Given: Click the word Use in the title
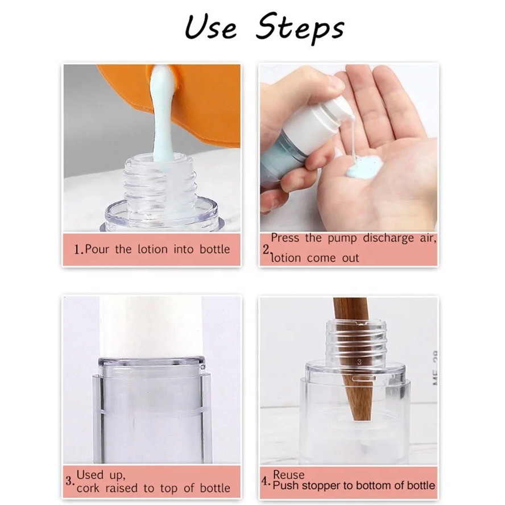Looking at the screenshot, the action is pyautogui.click(x=210, y=28).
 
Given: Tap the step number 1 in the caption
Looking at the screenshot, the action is pyautogui.click(x=79, y=250).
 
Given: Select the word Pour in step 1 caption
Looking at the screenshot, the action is pyautogui.click(x=97, y=249).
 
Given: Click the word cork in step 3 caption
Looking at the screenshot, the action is pyautogui.click(x=88, y=489).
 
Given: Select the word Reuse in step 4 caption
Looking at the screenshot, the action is pyautogui.click(x=288, y=475).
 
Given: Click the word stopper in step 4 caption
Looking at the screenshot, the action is pyautogui.click(x=322, y=486).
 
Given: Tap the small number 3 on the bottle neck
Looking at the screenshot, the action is pyautogui.click(x=359, y=362).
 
